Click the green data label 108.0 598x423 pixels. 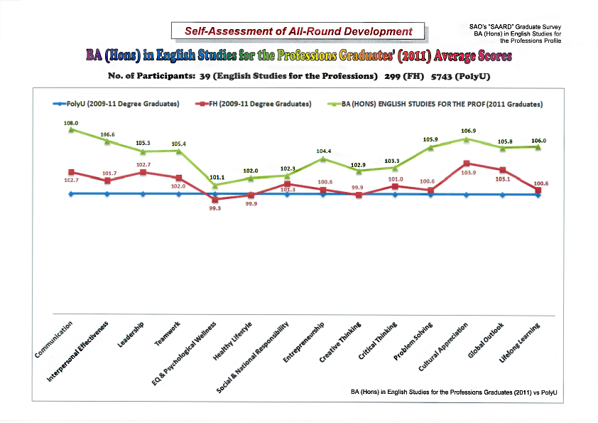tap(71, 123)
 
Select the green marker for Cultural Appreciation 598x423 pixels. tap(466, 139)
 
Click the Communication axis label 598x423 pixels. tap(55, 340)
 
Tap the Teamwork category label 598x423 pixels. tap(168, 334)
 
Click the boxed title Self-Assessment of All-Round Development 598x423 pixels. tap(298, 31)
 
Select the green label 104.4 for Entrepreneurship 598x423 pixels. tap(322, 151)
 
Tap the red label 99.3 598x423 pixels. tap(214, 208)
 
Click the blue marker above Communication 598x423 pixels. tap(71, 193)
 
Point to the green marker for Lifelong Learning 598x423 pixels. tap(538, 147)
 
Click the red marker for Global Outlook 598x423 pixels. tap(502, 170)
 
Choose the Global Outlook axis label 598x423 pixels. tap(486, 341)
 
